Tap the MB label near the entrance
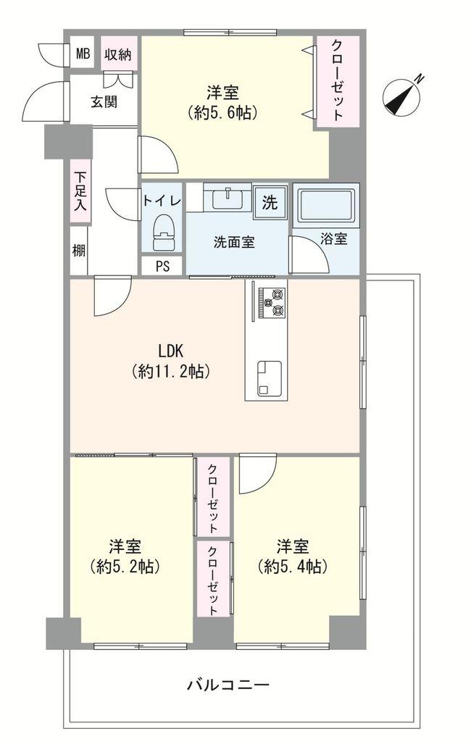pyautogui.click(x=84, y=54)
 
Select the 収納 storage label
pyautogui.click(x=117, y=54)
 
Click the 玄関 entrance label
pyautogui.click(x=104, y=101)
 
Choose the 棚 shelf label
pyautogui.click(x=78, y=250)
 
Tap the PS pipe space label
pyautogui.click(x=162, y=266)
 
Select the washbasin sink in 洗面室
pyautogui.click(x=228, y=196)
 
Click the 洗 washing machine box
pyautogui.click(x=270, y=203)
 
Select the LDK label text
pyautogui.click(x=170, y=351)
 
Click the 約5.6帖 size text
pyautogui.click(x=222, y=112)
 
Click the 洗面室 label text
pyautogui.click(x=233, y=243)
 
